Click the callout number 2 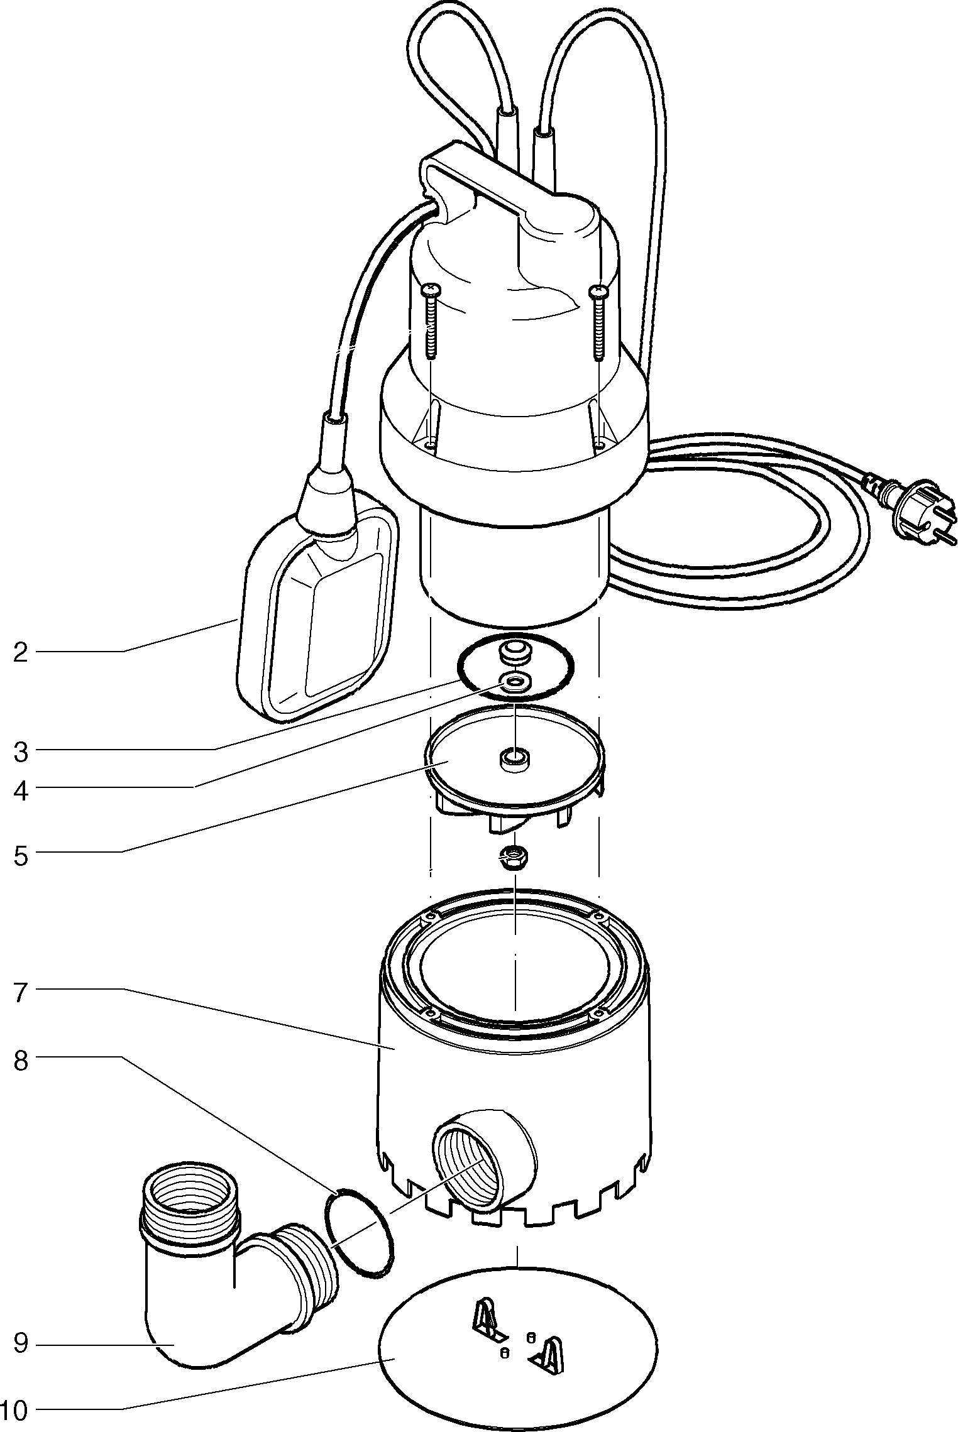[21, 653]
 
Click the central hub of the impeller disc [514, 759]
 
